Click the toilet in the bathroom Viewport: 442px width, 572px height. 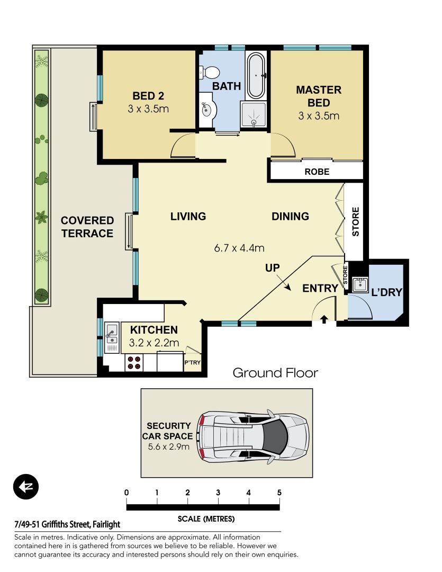pos(209,72)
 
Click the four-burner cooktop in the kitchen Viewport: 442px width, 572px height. pos(134,362)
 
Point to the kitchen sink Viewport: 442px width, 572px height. pos(112,337)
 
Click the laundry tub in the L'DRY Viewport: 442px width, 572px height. pos(360,284)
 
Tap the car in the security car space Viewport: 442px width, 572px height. pos(254,436)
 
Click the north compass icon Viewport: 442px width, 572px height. pos(26,487)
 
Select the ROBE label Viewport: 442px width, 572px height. pos(317,172)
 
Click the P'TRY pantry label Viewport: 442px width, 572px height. pos(192,363)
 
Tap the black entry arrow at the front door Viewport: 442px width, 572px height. pos(324,319)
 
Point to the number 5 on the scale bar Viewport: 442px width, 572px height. pos(279,493)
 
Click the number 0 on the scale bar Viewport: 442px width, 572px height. pos(127,493)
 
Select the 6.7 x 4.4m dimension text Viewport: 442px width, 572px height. pos(239,248)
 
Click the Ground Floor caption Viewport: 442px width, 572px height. pos(275,373)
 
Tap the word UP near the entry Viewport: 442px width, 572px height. pos(273,268)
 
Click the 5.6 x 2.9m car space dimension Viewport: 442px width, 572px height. pos(168,446)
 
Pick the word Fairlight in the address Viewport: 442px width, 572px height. pos(106,524)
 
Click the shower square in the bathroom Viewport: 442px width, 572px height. pos(254,114)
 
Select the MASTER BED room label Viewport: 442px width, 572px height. pos(319,96)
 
